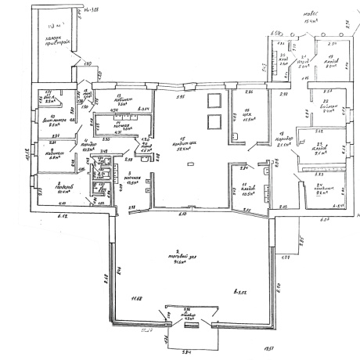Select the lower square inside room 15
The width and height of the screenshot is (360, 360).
coord(214,121)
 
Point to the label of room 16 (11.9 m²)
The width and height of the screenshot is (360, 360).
coord(247,117)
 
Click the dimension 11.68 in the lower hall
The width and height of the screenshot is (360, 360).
coord(138,298)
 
